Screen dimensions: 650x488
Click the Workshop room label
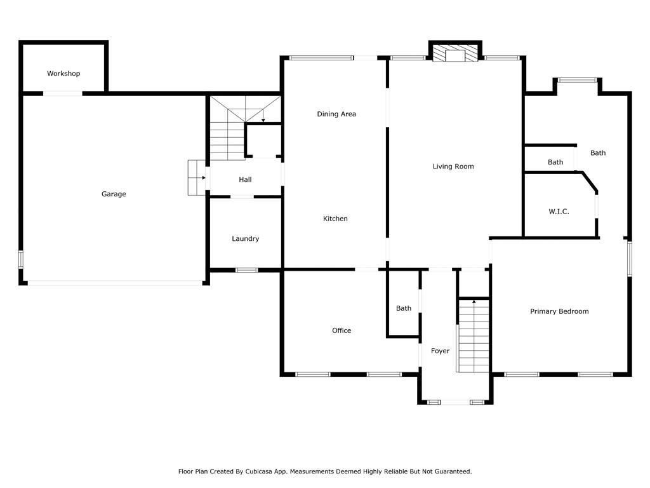coord(63,74)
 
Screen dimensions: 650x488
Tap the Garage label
coord(114,194)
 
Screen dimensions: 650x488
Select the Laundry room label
coord(246,239)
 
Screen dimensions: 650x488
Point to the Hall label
coord(245,180)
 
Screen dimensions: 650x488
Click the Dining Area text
coord(336,114)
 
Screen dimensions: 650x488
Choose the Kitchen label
coord(335,219)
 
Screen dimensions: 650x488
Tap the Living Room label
coord(453,166)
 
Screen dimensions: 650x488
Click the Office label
coord(342,330)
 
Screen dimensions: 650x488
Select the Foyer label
coord(441,351)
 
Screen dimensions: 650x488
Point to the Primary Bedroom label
coord(559,311)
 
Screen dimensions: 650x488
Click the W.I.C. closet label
coord(559,211)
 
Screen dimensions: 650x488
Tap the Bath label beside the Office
coord(404,308)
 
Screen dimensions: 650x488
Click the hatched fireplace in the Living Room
coord(455,53)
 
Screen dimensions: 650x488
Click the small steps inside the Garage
coord(197,178)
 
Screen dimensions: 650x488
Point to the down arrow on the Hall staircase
coord(263,116)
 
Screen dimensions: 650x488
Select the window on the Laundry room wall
coord(247,270)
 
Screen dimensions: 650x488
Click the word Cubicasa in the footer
coord(261,471)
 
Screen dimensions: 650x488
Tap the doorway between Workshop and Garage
coord(63,93)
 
